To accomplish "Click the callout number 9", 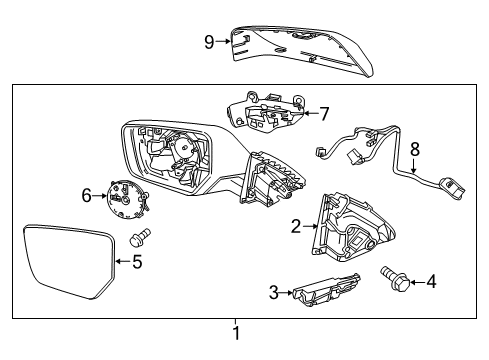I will [x=208, y=41].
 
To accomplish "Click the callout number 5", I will [x=138, y=264].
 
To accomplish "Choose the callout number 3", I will [x=273, y=292].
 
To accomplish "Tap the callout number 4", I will [x=431, y=283].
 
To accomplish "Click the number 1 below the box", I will [x=236, y=333].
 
